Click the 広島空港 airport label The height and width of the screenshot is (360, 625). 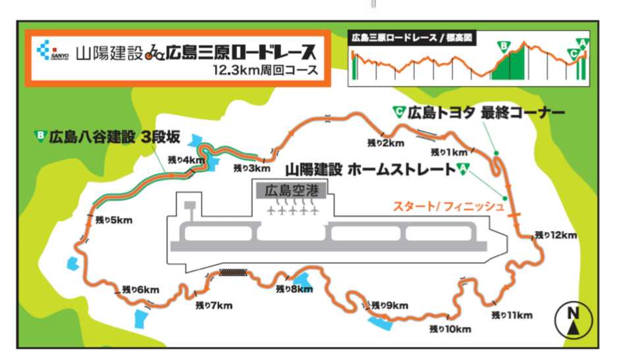(290, 192)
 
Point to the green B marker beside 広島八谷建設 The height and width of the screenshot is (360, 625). (41, 137)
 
